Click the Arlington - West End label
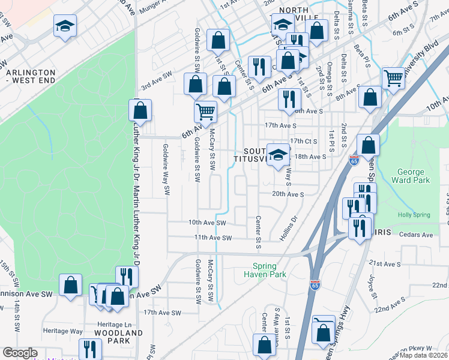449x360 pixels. [29, 76]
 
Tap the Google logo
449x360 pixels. [20, 353]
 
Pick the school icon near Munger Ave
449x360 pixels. [65, 26]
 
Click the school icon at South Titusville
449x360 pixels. [279, 155]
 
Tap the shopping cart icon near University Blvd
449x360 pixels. [394, 77]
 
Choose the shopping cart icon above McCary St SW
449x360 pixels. [205, 111]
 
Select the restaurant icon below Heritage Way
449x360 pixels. [90, 349]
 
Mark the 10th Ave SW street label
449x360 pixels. [206, 222]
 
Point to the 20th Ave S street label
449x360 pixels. [288, 194]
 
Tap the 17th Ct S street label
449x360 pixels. [303, 141]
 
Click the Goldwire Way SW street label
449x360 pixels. [166, 170]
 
